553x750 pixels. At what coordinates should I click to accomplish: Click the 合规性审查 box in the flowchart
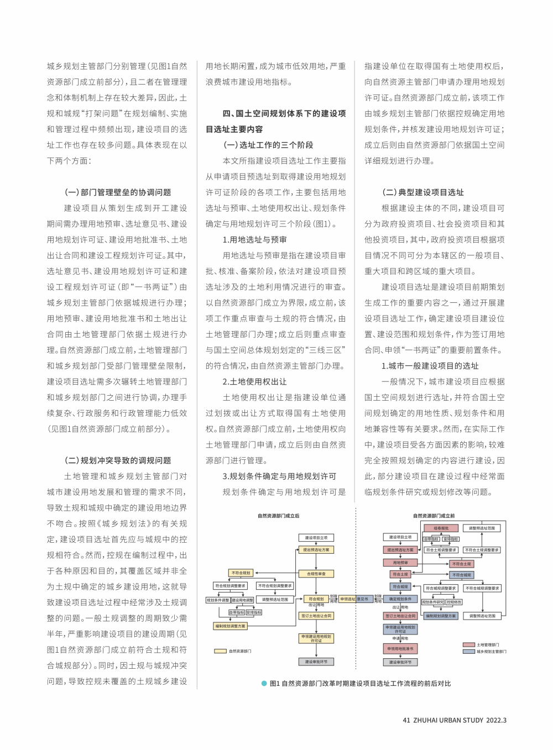click(x=316, y=574)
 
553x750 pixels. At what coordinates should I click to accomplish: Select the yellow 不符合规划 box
click(x=241, y=573)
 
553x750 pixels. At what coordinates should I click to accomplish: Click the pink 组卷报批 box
click(x=441, y=528)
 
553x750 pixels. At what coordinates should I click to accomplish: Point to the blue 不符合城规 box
click(x=462, y=575)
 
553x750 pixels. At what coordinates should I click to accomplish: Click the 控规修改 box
click(x=454, y=602)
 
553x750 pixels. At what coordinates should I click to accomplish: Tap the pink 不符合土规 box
click(x=462, y=564)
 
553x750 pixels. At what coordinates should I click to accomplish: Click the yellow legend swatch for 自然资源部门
click(x=221, y=651)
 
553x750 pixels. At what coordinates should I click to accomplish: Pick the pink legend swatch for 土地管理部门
click(x=468, y=645)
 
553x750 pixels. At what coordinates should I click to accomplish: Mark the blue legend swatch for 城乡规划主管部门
click(x=468, y=652)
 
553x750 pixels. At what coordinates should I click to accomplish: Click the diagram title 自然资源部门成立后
click(x=278, y=516)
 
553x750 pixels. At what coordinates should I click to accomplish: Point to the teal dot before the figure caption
click(x=264, y=684)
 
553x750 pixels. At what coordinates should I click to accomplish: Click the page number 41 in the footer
click(x=406, y=720)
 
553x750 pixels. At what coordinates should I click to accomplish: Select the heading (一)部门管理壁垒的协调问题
click(x=118, y=192)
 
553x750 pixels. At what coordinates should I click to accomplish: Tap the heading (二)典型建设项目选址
click(x=423, y=192)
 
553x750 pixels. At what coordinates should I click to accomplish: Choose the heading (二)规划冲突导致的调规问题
click(x=118, y=460)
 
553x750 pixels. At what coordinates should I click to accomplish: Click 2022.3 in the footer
click(x=497, y=720)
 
